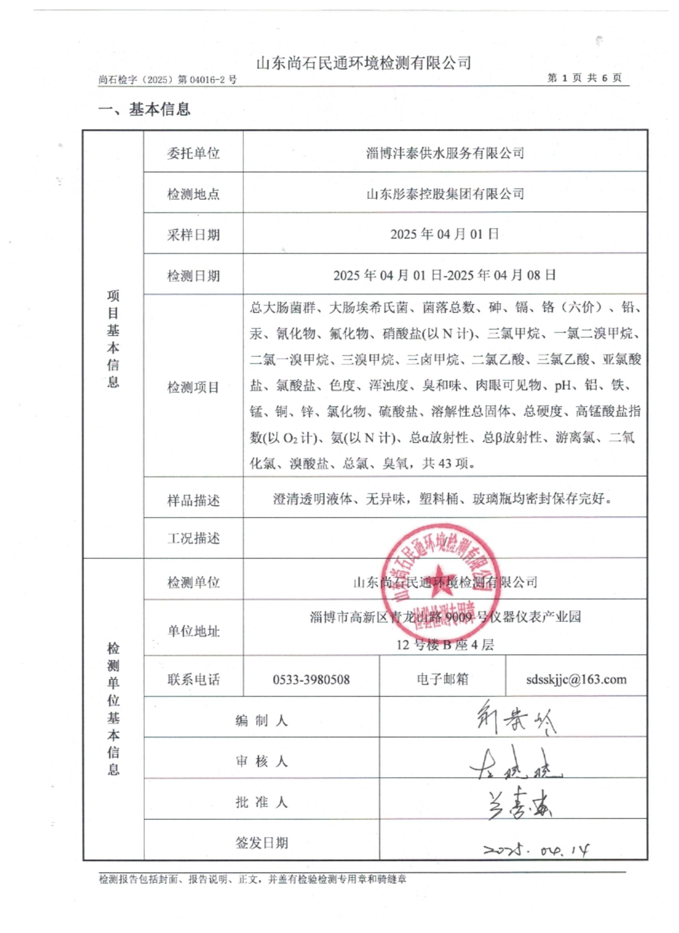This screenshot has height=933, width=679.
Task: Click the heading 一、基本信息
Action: pos(144,109)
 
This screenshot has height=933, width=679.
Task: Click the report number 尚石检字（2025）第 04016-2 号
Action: pos(168,79)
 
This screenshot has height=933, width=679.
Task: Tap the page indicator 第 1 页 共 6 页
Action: pos(584,78)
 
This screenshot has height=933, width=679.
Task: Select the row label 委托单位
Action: pos(193,154)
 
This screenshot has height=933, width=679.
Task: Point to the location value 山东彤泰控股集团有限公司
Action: pos(445,194)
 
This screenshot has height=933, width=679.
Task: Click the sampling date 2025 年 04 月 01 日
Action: pos(445,234)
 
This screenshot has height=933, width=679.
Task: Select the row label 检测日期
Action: pos(193,276)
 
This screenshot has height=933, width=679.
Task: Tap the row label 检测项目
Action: pos(193,387)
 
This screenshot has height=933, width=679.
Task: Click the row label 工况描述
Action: pos(193,538)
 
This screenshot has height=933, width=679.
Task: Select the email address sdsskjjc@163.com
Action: pos(576,679)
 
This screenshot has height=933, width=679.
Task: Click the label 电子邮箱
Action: pos(442,679)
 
